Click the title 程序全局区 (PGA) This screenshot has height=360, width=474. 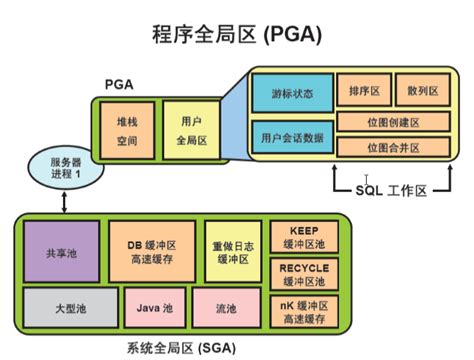[x=237, y=34]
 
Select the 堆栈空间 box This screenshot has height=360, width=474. [x=126, y=133]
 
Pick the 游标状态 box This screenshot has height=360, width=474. [x=291, y=93]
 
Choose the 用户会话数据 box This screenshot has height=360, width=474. [x=291, y=135]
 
